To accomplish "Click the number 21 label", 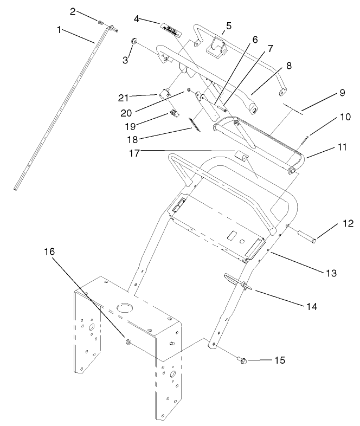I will pyautogui.click(x=123, y=98).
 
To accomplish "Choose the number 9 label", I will pyautogui.click(x=342, y=92).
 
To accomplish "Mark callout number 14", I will pyautogui.click(x=311, y=306).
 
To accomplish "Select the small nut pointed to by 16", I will pyautogui.click(x=128, y=341).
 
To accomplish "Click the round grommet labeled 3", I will pyautogui.click(x=134, y=42).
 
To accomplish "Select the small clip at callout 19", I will pyautogui.click(x=174, y=113).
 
